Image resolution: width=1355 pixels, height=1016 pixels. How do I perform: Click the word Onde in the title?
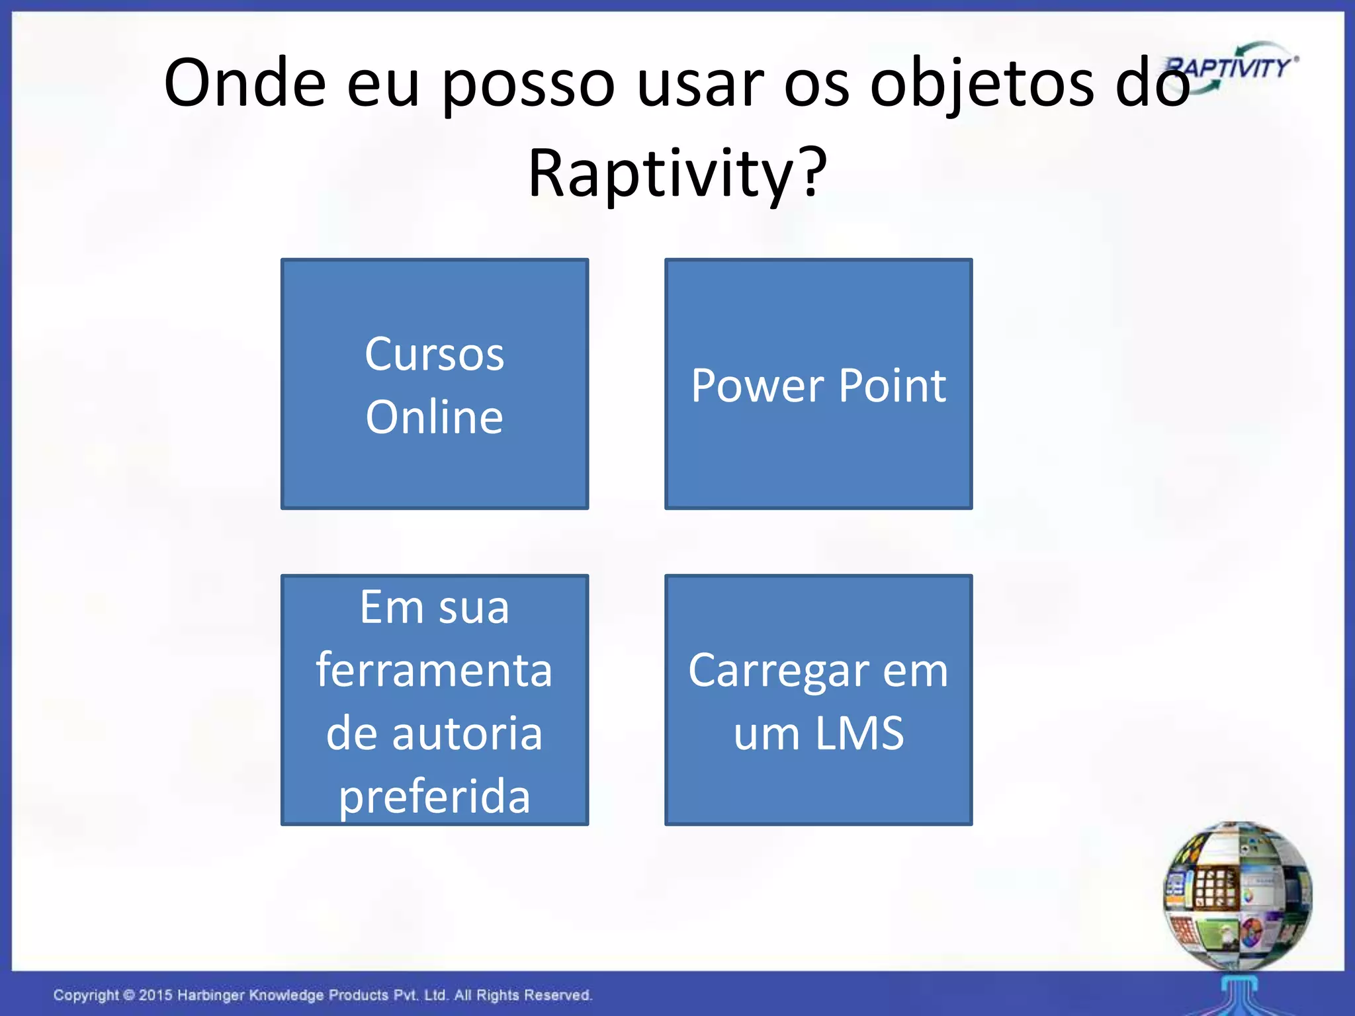tap(245, 83)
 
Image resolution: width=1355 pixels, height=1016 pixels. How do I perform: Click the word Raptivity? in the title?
tap(677, 173)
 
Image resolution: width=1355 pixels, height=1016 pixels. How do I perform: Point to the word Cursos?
tap(434, 355)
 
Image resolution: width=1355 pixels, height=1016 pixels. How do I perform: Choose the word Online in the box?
tap(434, 417)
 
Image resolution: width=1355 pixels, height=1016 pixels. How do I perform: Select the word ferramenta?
tap(434, 670)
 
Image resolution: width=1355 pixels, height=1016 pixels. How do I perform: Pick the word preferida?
tap(434, 797)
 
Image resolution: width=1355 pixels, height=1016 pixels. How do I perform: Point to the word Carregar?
tap(778, 671)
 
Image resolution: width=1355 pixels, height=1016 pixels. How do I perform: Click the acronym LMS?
tap(859, 734)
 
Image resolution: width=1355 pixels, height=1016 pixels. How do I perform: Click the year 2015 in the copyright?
tap(155, 995)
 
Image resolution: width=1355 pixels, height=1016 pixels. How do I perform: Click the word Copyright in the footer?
tap(86, 995)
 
